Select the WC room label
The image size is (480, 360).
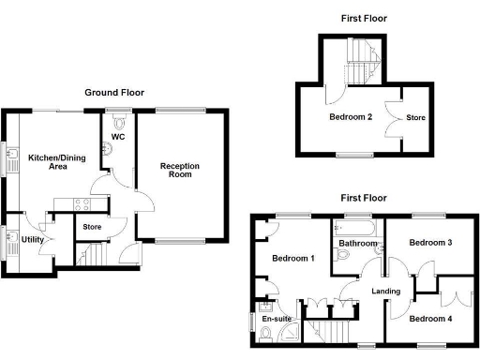(118, 137)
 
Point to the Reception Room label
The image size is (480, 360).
(180, 171)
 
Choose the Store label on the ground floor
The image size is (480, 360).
(92, 227)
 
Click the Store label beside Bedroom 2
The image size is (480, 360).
(415, 118)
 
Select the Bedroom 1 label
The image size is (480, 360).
(293, 258)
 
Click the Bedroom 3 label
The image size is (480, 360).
(431, 243)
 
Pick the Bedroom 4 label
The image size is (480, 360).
(431, 319)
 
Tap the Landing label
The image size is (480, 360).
(385, 292)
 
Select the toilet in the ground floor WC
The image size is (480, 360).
(118, 120)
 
